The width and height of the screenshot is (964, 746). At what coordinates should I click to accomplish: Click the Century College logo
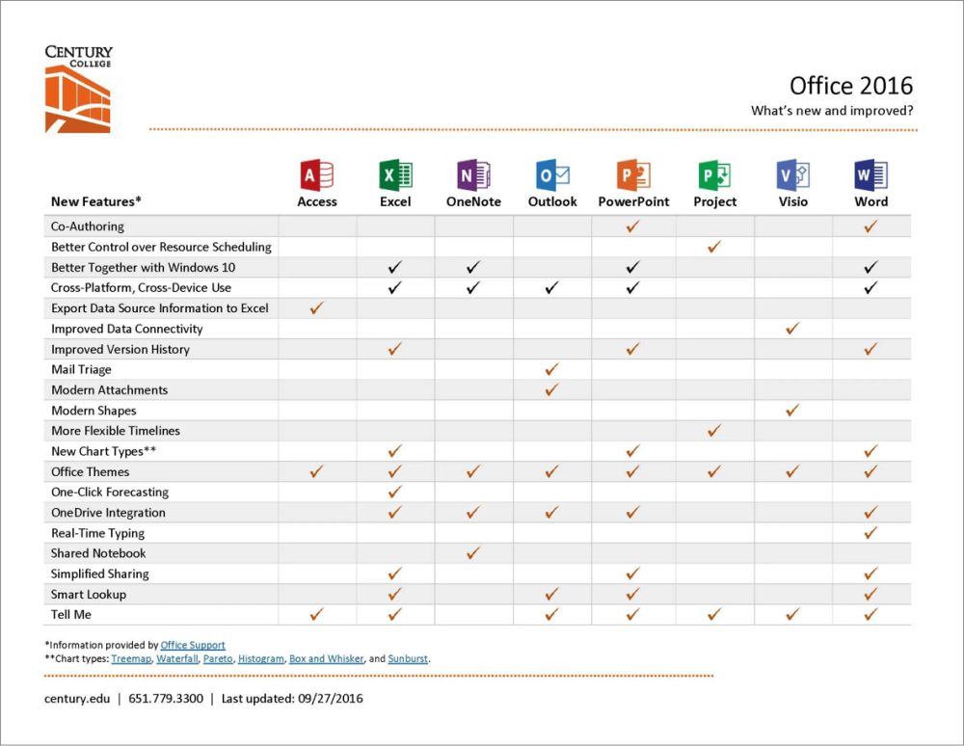click(x=78, y=89)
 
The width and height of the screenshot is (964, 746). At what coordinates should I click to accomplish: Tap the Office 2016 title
click(x=850, y=86)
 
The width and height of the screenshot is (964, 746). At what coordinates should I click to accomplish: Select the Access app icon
click(x=317, y=175)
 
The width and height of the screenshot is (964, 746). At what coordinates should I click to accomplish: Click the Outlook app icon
click(x=552, y=175)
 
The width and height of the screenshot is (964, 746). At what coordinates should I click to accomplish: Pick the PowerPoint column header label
click(x=633, y=201)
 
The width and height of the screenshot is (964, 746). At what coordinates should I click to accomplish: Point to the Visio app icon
click(x=792, y=175)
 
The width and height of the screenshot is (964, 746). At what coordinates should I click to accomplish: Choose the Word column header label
click(x=870, y=201)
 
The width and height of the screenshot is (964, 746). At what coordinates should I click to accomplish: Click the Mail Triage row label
click(x=81, y=370)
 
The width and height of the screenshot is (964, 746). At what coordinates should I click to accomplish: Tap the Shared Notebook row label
click(x=98, y=553)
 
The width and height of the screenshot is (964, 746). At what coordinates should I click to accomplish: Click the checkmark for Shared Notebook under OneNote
click(x=473, y=553)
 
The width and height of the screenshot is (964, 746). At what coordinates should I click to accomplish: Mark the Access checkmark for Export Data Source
click(x=317, y=308)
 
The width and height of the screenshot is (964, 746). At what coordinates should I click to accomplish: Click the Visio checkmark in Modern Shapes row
click(x=792, y=411)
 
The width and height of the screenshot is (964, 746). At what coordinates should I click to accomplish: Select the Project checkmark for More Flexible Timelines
click(x=714, y=431)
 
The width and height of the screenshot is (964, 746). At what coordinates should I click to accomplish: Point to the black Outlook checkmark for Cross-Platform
click(x=551, y=288)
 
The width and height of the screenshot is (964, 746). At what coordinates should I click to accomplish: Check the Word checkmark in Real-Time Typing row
click(x=870, y=533)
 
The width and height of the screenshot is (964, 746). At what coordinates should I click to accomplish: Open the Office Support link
click(x=193, y=646)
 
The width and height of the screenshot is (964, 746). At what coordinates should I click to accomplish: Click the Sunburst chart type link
click(x=409, y=659)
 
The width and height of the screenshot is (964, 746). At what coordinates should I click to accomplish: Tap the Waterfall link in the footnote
click(x=177, y=659)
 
